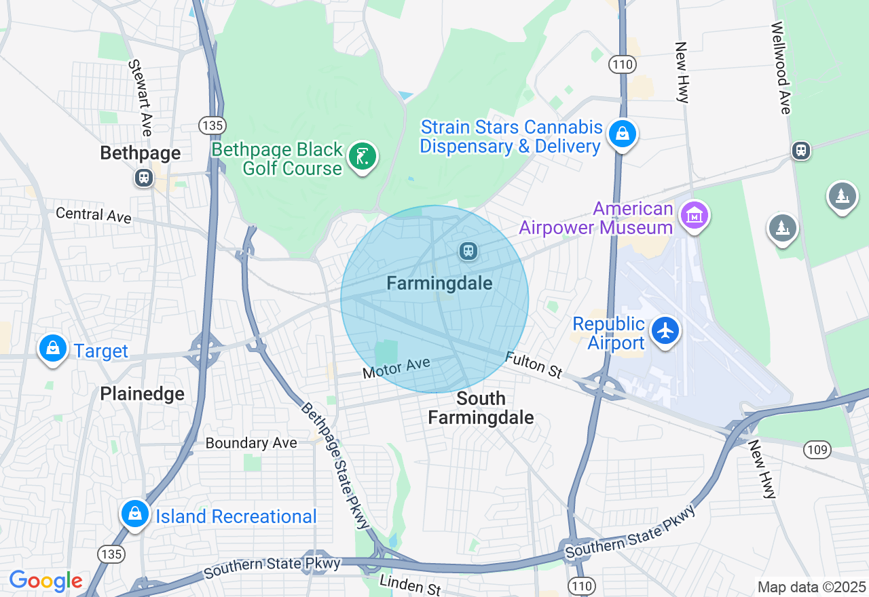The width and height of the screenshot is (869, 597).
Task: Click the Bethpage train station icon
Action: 143,178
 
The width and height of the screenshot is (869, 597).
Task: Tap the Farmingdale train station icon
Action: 468,252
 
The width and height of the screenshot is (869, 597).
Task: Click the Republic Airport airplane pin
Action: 665,331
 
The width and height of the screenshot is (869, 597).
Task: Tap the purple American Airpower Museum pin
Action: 695,216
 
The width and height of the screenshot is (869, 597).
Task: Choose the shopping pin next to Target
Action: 52,349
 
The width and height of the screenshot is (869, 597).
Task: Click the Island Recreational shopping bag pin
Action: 135,514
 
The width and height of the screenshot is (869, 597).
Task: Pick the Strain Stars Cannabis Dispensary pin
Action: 622,134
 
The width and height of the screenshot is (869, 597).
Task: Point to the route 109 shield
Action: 815,449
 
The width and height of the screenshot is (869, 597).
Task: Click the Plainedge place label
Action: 142,393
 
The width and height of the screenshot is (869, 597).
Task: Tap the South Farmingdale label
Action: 481,408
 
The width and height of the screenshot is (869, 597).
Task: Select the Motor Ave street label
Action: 396,368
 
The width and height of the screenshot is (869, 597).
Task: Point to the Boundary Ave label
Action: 251,443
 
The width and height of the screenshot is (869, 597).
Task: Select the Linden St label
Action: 410,584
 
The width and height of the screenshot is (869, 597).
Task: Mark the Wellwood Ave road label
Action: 781,67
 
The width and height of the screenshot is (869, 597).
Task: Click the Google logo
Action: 45,581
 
